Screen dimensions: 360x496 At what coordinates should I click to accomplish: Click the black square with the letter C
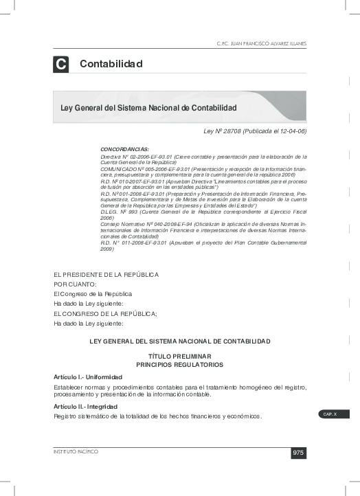[x=60, y=65]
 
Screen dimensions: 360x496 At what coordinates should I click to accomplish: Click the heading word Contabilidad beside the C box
[x=111, y=65]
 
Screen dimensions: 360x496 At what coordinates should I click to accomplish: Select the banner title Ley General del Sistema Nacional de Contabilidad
[x=149, y=108]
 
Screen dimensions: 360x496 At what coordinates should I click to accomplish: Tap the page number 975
[x=298, y=452]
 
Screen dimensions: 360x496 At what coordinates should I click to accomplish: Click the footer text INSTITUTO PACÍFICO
[x=76, y=451]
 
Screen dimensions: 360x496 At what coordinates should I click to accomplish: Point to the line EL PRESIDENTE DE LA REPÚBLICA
[x=106, y=274]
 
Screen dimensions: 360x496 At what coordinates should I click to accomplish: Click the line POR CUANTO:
[x=76, y=284]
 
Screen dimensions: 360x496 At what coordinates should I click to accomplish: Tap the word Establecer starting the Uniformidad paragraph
[x=68, y=387]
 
